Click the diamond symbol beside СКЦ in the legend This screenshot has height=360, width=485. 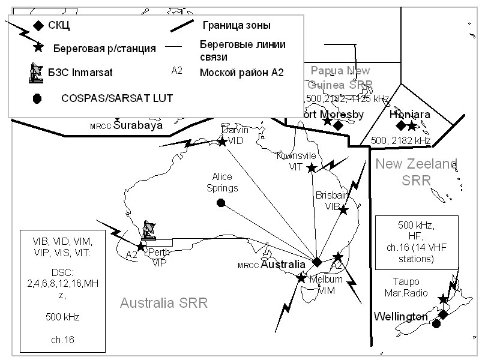38,25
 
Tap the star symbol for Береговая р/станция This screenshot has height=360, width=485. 39,47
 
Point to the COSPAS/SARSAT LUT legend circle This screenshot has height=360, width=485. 37,98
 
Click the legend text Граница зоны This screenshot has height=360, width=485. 236,25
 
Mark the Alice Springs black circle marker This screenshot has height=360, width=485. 221,203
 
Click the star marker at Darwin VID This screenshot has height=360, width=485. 222,142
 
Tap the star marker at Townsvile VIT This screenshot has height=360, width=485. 312,168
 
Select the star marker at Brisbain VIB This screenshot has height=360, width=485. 343,210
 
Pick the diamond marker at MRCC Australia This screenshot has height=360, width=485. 317,262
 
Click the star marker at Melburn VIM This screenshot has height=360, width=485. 301,277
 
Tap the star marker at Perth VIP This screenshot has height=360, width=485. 140,247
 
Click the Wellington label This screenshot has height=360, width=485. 401,316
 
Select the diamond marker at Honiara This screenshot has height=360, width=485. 400,125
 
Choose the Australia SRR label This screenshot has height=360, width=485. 163,303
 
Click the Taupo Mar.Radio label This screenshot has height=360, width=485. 406,287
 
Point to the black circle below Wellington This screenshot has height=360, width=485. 436,324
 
